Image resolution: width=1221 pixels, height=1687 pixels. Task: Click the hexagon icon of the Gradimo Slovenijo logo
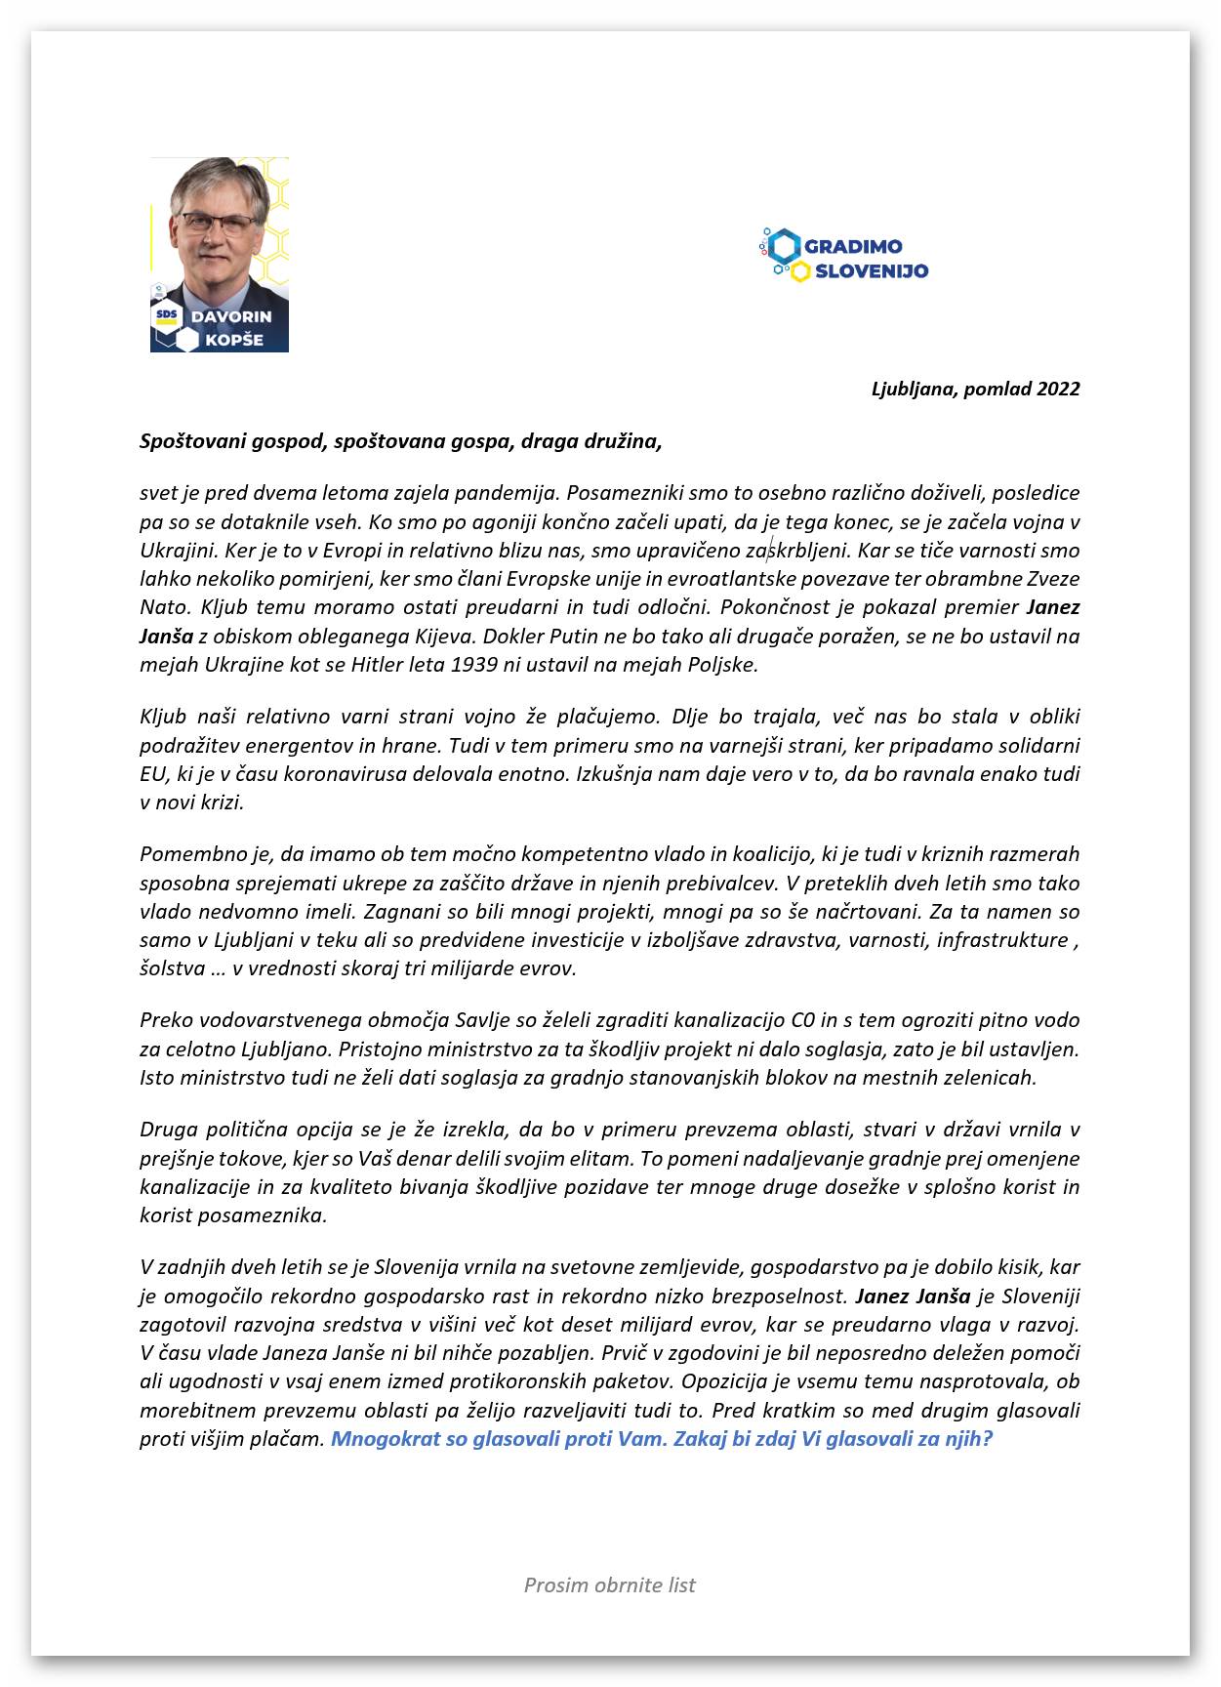(x=783, y=247)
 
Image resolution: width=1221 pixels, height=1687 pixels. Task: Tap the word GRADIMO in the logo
(x=853, y=247)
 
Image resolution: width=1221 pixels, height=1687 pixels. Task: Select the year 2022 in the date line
(x=1058, y=389)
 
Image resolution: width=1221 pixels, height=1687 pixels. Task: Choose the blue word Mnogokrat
(x=386, y=1439)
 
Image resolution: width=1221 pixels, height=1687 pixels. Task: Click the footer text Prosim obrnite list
(x=610, y=1585)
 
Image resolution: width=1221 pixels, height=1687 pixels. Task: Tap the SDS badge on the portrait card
(x=168, y=315)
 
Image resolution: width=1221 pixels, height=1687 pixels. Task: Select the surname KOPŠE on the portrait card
(x=234, y=340)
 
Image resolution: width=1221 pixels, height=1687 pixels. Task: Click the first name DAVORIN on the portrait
(x=231, y=317)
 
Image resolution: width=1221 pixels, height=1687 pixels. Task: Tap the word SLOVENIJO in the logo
(x=872, y=271)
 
